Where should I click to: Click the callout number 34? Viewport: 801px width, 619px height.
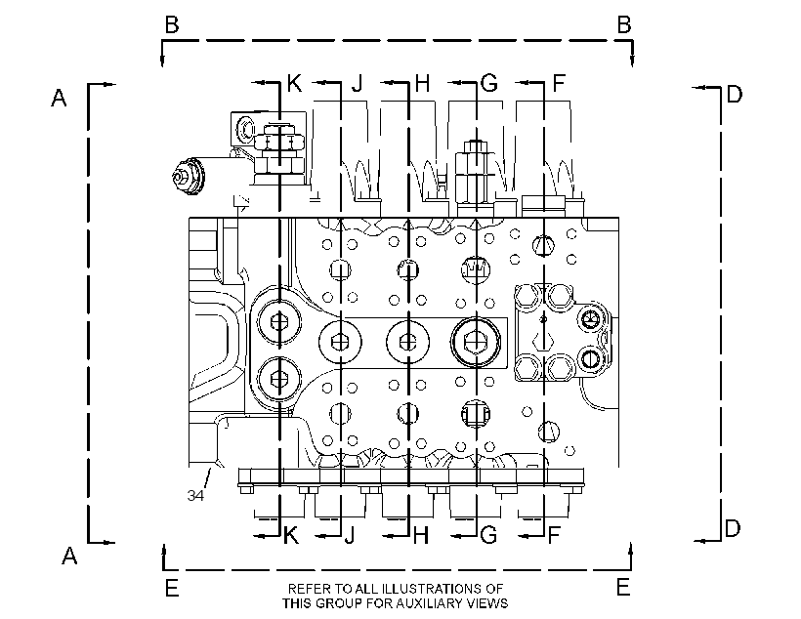(195, 495)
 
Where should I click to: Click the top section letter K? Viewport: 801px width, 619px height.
(295, 83)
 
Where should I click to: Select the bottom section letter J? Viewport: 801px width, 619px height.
(350, 535)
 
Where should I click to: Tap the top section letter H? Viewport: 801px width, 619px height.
(422, 83)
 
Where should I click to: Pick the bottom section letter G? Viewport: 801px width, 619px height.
(488, 535)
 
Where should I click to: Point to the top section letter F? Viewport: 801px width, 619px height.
(560, 83)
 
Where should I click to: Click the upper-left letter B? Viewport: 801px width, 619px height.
(172, 24)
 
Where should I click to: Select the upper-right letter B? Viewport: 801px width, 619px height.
(624, 24)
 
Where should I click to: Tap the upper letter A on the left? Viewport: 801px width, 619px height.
(60, 97)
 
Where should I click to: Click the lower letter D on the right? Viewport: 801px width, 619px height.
(733, 528)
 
